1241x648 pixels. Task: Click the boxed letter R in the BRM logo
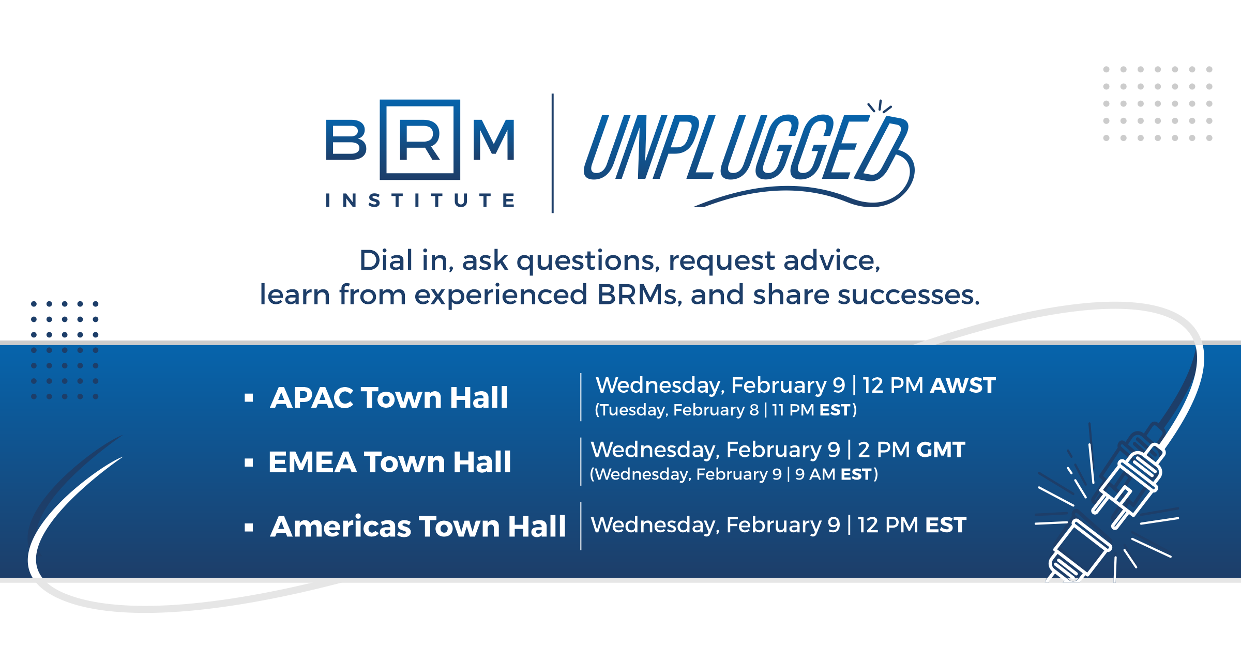419,140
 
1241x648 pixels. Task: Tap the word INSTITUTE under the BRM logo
420,200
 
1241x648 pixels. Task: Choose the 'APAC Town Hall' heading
389,397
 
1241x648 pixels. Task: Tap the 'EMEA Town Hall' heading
389,461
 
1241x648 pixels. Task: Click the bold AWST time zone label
963,385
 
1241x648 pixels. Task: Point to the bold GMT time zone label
941,450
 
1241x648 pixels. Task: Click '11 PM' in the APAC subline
793,410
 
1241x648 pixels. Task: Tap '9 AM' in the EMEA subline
815,474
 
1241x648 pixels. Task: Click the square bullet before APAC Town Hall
249,398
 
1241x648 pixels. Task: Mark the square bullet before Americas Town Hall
249,527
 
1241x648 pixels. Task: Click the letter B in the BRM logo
346,140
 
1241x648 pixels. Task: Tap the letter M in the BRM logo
494,140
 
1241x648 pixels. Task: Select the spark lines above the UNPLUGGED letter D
880,106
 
